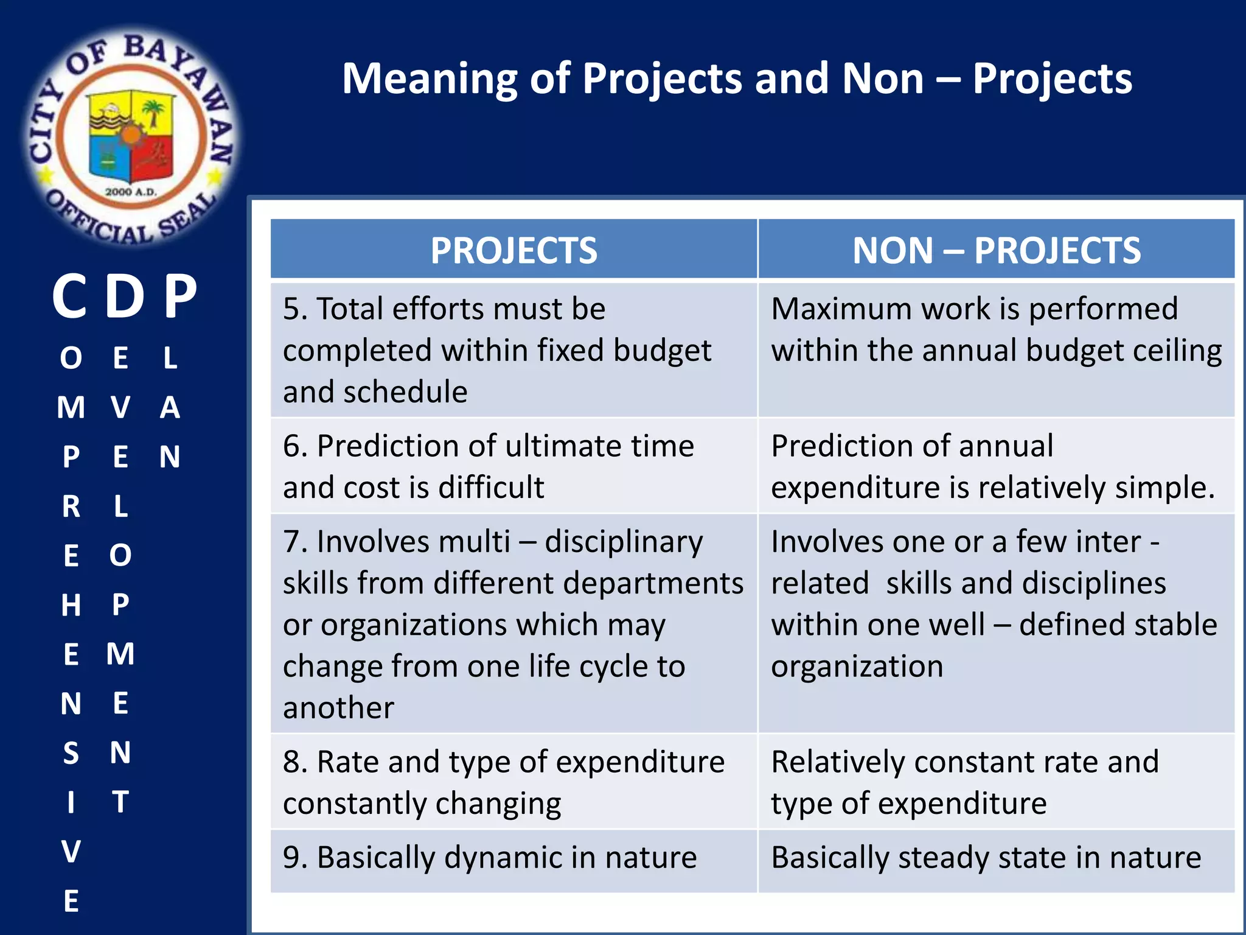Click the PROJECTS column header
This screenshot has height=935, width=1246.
(x=513, y=250)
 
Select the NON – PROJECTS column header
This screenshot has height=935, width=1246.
(x=996, y=250)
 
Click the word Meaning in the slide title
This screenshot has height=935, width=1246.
(x=430, y=79)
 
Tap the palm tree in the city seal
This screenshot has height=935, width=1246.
(x=153, y=113)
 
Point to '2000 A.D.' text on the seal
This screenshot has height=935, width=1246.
(x=131, y=192)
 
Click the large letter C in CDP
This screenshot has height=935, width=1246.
(x=69, y=296)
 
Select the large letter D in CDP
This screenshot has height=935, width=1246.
(x=125, y=296)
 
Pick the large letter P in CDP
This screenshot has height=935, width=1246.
(x=181, y=296)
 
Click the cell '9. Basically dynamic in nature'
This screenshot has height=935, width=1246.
(x=490, y=858)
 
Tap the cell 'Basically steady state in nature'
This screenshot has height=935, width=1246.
(x=986, y=858)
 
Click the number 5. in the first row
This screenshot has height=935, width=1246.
(x=295, y=309)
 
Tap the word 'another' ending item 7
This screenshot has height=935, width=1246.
(x=338, y=708)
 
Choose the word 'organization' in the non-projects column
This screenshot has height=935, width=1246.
(x=857, y=666)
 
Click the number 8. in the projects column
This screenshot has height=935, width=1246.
(x=295, y=762)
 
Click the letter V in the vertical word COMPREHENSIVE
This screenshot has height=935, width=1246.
(x=71, y=852)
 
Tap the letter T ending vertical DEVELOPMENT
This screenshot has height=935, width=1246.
(x=120, y=802)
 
